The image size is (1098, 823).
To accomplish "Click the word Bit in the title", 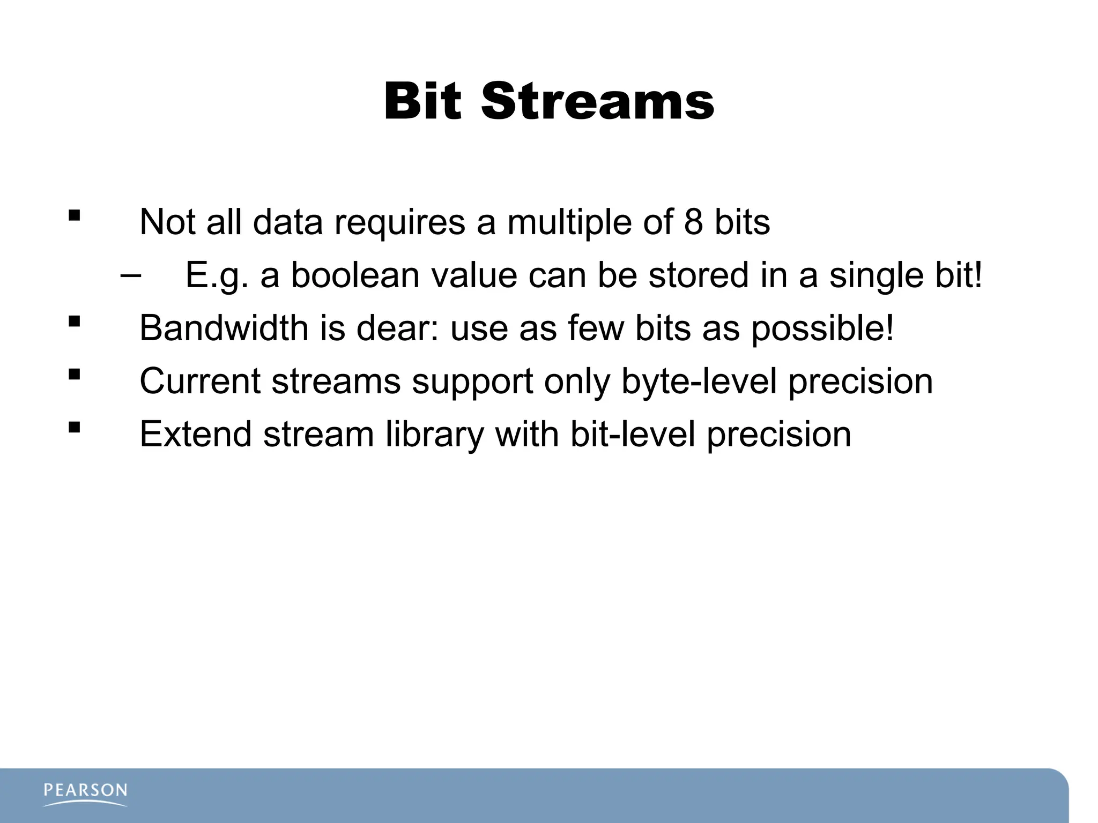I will click(422, 102).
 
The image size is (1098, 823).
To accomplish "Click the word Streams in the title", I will click(597, 102).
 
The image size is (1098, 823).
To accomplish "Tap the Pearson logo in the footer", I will click(85, 794).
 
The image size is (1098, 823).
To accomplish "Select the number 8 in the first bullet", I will click(693, 222).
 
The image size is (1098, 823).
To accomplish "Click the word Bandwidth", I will click(224, 328).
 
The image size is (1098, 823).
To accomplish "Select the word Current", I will click(199, 381).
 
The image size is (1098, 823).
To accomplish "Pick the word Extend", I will click(195, 434).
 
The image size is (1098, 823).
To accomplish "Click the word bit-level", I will click(633, 434).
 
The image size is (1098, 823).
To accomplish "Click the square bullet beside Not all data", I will click(75, 216).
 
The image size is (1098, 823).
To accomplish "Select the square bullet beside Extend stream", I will click(75, 428).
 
